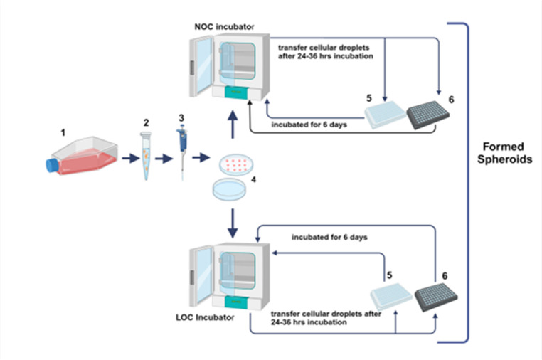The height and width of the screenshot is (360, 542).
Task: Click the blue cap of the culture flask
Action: pos(52,164)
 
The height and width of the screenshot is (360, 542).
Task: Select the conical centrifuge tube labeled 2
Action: pos(146,156)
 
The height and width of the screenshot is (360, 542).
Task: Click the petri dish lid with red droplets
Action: pos(236,164)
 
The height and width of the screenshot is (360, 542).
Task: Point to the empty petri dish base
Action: pos(229,189)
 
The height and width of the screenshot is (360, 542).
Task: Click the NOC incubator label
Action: pos(224,26)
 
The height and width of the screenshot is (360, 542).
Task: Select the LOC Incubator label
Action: pos(205,317)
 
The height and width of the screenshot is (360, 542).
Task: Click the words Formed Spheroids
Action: pos(504,153)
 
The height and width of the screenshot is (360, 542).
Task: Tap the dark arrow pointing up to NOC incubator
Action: pos(233,125)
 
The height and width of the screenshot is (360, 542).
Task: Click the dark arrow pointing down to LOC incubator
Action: pos(233,223)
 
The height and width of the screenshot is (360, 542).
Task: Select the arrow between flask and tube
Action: pos(131,159)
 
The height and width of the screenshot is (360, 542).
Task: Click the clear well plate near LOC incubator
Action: pos(391,297)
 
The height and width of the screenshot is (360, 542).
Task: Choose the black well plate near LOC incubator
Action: pos(436,297)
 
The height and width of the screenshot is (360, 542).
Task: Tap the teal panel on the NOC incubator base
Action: pos(236,92)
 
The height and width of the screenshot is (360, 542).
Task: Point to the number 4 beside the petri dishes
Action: pos(254,179)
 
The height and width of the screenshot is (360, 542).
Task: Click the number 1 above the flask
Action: pos(63,132)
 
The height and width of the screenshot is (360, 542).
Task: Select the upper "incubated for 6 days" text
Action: pos(309,125)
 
